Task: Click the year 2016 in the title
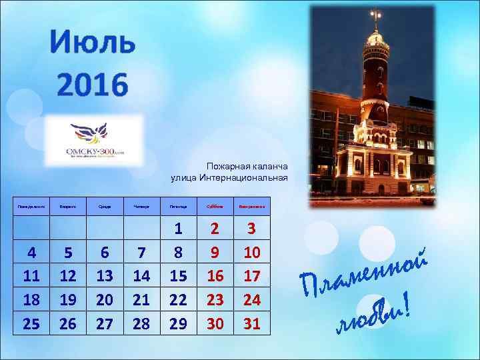[x=92, y=85]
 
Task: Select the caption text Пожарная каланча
[x=247, y=165]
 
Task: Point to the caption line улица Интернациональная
[x=229, y=177]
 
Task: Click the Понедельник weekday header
[x=31, y=207]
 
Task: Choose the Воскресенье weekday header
[x=252, y=207]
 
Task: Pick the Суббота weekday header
[x=215, y=207]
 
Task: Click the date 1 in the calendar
[x=178, y=229]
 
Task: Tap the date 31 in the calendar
[x=252, y=324]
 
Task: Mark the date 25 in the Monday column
[x=31, y=324]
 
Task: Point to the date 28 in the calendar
[x=141, y=324]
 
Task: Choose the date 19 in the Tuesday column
[x=68, y=300]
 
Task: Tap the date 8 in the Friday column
[x=178, y=253]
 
